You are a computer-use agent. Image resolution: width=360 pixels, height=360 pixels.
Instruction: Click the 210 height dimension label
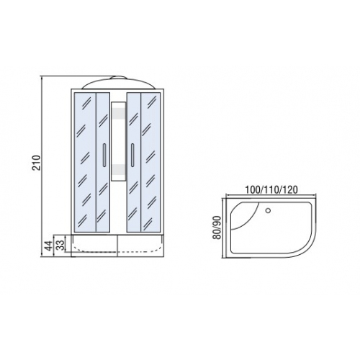click(x=37, y=163)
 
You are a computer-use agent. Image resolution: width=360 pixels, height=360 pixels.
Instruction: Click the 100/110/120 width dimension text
click(x=271, y=189)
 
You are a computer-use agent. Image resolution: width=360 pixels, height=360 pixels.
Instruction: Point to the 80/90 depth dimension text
click(x=217, y=228)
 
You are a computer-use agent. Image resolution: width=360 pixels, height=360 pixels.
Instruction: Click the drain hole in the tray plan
click(x=268, y=211)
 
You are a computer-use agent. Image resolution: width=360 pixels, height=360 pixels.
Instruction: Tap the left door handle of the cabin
click(x=104, y=156)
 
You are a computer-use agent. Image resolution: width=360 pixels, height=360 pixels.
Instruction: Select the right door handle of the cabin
click(x=132, y=156)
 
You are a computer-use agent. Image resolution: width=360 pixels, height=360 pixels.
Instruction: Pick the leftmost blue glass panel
click(x=85, y=162)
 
